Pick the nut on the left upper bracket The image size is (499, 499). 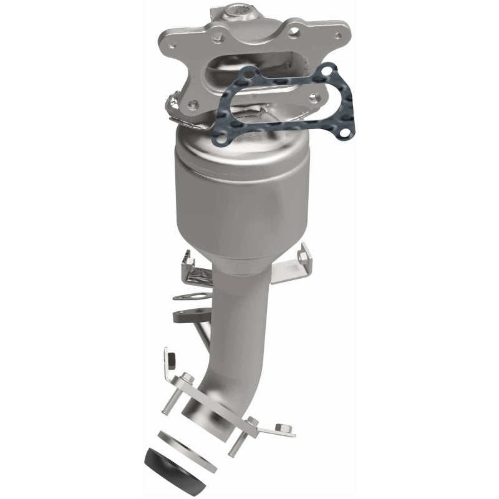185,256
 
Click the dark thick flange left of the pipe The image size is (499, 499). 187,316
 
